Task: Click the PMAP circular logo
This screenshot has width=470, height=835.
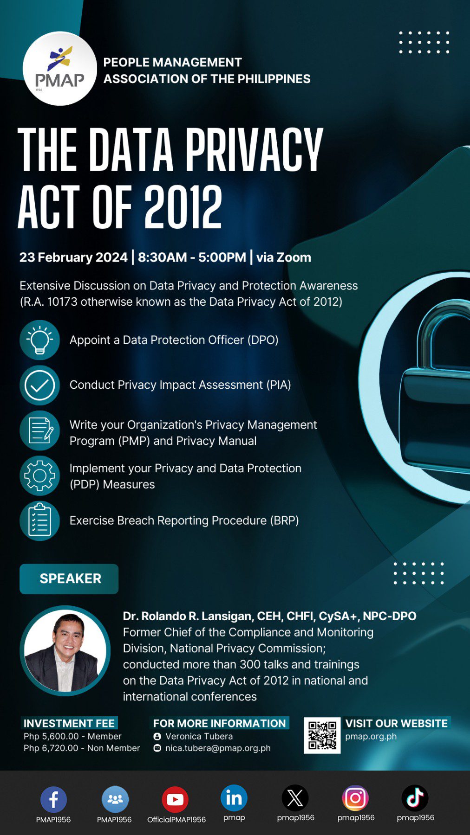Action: [x=60, y=69]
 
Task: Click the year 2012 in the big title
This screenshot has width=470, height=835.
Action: [x=183, y=207]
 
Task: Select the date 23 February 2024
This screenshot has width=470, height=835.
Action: [x=73, y=257]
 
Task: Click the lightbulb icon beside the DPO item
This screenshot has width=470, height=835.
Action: [x=40, y=340]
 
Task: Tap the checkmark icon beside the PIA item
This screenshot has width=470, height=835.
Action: [x=40, y=385]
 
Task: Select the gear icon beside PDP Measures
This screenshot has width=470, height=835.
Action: [x=40, y=475]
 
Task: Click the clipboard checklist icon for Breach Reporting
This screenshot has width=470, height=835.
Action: [x=40, y=520]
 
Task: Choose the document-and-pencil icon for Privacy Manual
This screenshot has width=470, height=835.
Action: [x=40, y=430]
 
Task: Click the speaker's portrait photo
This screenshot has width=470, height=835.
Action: [x=65, y=650]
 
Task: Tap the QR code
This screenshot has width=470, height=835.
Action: [x=322, y=735]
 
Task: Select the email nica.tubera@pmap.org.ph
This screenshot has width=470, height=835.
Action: [x=218, y=748]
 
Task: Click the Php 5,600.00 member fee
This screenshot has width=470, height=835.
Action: [x=72, y=736]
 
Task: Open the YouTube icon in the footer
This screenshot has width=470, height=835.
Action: [x=175, y=799]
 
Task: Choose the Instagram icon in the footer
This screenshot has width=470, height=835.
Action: [x=355, y=798]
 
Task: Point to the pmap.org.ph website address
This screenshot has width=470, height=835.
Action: [x=371, y=736]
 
